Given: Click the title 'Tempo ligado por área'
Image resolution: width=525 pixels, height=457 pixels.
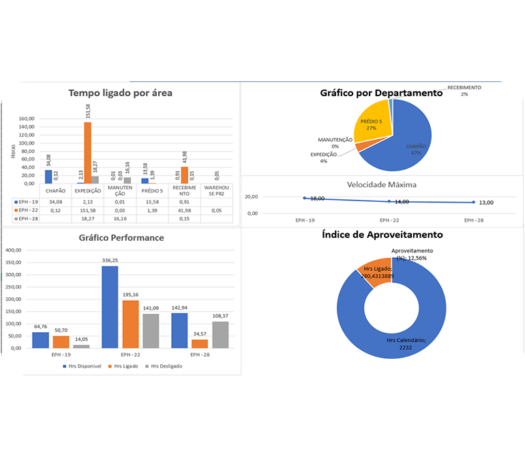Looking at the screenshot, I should click(120, 93).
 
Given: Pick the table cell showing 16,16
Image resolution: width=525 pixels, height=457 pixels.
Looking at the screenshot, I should click(119, 218).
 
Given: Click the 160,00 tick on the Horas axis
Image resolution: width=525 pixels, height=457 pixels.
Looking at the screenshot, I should click(26, 118).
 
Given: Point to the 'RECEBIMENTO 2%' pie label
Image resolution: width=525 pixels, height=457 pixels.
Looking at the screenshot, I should click(464, 90).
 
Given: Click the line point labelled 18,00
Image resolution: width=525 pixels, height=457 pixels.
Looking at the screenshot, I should click(305, 198).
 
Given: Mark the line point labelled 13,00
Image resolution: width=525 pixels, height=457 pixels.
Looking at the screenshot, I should click(474, 202).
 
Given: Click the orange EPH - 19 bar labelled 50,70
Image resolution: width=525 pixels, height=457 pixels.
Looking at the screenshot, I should click(61, 342).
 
